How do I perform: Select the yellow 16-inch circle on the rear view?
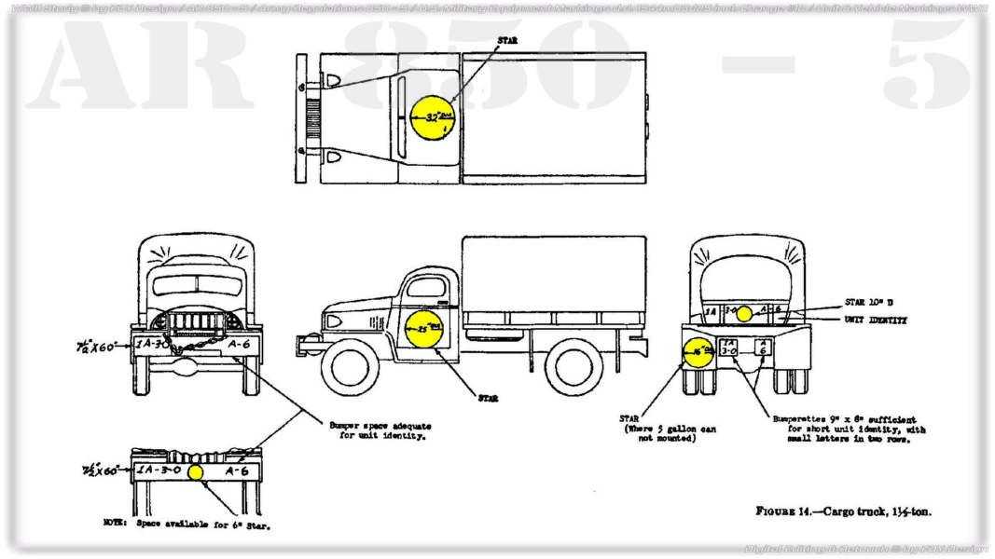point(699,351)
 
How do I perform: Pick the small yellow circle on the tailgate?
point(743,314)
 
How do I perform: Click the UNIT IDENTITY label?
point(876,320)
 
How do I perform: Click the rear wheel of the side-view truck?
point(574,367)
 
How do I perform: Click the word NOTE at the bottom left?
point(114,524)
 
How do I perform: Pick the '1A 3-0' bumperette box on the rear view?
point(728,349)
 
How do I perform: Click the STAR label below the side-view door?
point(487,398)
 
